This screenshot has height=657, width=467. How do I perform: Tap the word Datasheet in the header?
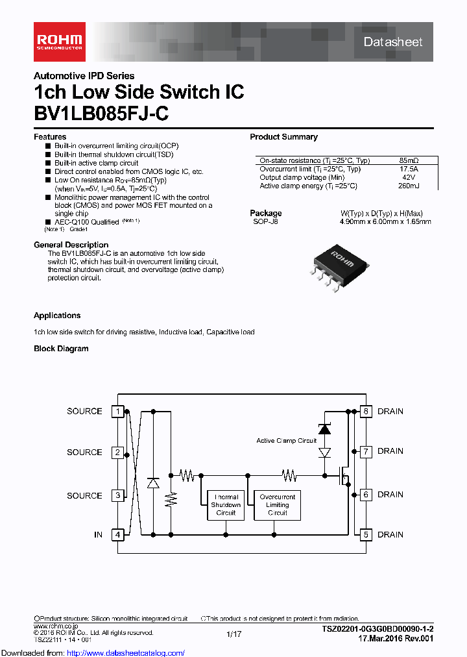coord(393,42)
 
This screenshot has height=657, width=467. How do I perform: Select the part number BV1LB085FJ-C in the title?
coord(101,114)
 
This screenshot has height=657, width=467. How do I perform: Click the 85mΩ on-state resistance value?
coord(409,160)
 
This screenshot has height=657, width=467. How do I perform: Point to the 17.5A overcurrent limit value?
coord(409,169)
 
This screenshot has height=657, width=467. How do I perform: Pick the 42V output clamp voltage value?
coord(409,177)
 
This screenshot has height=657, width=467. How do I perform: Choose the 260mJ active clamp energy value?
coord(409,186)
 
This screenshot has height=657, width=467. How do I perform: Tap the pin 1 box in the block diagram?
coord(117,411)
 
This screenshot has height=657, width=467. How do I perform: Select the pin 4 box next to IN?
coord(117,535)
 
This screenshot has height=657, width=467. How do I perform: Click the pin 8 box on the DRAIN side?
coord(366,411)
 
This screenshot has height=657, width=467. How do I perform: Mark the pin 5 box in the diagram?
coord(366,535)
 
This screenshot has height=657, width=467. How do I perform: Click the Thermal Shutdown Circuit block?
coord(226,504)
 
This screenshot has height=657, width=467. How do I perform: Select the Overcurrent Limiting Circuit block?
coord(278,504)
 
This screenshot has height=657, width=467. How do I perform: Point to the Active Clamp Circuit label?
coord(286,441)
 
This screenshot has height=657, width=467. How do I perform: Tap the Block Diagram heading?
coord(61,349)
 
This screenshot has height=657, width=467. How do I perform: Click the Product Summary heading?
coord(283,137)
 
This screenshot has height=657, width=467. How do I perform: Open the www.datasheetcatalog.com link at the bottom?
coord(92,653)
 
